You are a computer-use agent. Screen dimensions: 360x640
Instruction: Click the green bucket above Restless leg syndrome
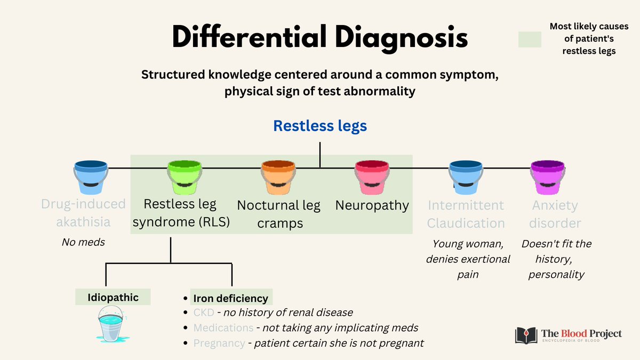click(x=185, y=177)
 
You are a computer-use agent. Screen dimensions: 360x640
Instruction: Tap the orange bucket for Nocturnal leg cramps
click(x=278, y=177)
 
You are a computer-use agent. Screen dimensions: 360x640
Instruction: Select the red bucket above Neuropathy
click(x=372, y=177)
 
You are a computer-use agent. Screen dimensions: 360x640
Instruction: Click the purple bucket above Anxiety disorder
click(x=547, y=177)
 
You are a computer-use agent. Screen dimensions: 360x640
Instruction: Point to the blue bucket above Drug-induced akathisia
click(x=91, y=177)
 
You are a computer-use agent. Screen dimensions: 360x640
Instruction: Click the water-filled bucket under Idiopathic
click(x=112, y=326)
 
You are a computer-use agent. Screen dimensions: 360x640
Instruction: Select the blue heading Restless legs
click(x=319, y=126)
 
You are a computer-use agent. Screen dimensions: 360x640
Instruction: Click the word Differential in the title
click(x=249, y=38)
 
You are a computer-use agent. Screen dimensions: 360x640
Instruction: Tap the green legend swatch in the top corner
click(x=530, y=39)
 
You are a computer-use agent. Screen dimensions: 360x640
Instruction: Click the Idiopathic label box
click(x=113, y=297)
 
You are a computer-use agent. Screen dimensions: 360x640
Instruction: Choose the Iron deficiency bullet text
click(x=231, y=298)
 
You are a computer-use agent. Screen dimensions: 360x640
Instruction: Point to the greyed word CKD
click(x=203, y=313)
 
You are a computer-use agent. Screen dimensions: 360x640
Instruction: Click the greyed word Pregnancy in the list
click(x=219, y=343)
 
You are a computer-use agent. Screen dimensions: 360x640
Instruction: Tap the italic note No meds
click(x=83, y=242)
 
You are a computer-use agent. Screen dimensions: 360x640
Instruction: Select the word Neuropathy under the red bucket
click(x=372, y=205)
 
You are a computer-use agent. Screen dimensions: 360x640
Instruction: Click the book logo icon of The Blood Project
click(x=526, y=335)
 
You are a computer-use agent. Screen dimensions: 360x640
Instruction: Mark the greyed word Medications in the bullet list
click(x=223, y=327)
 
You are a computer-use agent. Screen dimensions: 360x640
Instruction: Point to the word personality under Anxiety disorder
click(x=556, y=275)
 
